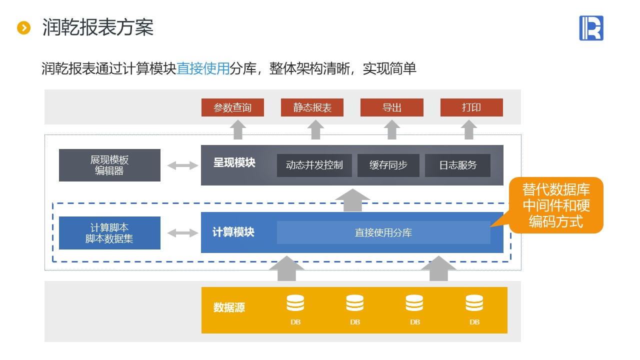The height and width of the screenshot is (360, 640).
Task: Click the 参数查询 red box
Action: coord(232,107)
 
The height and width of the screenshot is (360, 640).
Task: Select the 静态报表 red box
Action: coord(312,107)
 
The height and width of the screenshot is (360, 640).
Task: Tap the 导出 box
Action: coord(392,107)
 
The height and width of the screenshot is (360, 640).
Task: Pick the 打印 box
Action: coord(471,107)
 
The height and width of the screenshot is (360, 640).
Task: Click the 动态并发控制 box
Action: coord(314,165)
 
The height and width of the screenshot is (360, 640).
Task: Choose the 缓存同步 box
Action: coord(388,165)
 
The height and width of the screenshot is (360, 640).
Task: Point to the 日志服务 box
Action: coord(457,165)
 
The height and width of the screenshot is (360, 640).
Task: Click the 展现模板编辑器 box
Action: coord(109,165)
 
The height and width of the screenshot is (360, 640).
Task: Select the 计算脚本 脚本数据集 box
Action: coord(109,233)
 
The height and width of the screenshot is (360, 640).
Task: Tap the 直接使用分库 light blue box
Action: coord(383,232)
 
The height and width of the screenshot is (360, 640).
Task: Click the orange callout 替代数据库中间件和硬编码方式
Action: coord(556,205)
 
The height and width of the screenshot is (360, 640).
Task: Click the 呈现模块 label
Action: coord(234,163)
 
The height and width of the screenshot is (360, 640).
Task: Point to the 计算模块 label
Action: coord(233,232)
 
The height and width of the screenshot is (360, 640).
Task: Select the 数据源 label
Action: coord(229,307)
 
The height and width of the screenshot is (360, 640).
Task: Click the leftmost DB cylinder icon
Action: coord(295,303)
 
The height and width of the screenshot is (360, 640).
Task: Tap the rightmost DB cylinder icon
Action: coord(474,303)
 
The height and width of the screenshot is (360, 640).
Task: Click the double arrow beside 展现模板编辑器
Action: coord(182,165)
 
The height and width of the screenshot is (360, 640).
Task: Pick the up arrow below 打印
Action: coord(469,129)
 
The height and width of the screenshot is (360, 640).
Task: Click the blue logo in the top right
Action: coord(591,28)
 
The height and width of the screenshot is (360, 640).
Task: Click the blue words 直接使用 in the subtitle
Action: coord(203,68)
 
